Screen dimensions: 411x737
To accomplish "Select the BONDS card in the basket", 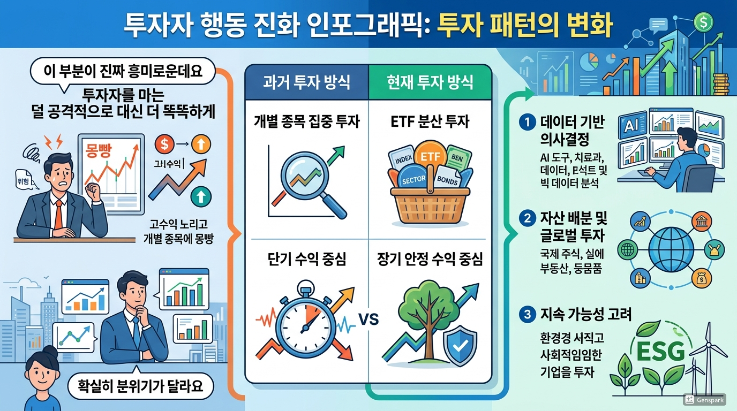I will point(447,180).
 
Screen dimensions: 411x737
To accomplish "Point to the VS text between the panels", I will point(368,320).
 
